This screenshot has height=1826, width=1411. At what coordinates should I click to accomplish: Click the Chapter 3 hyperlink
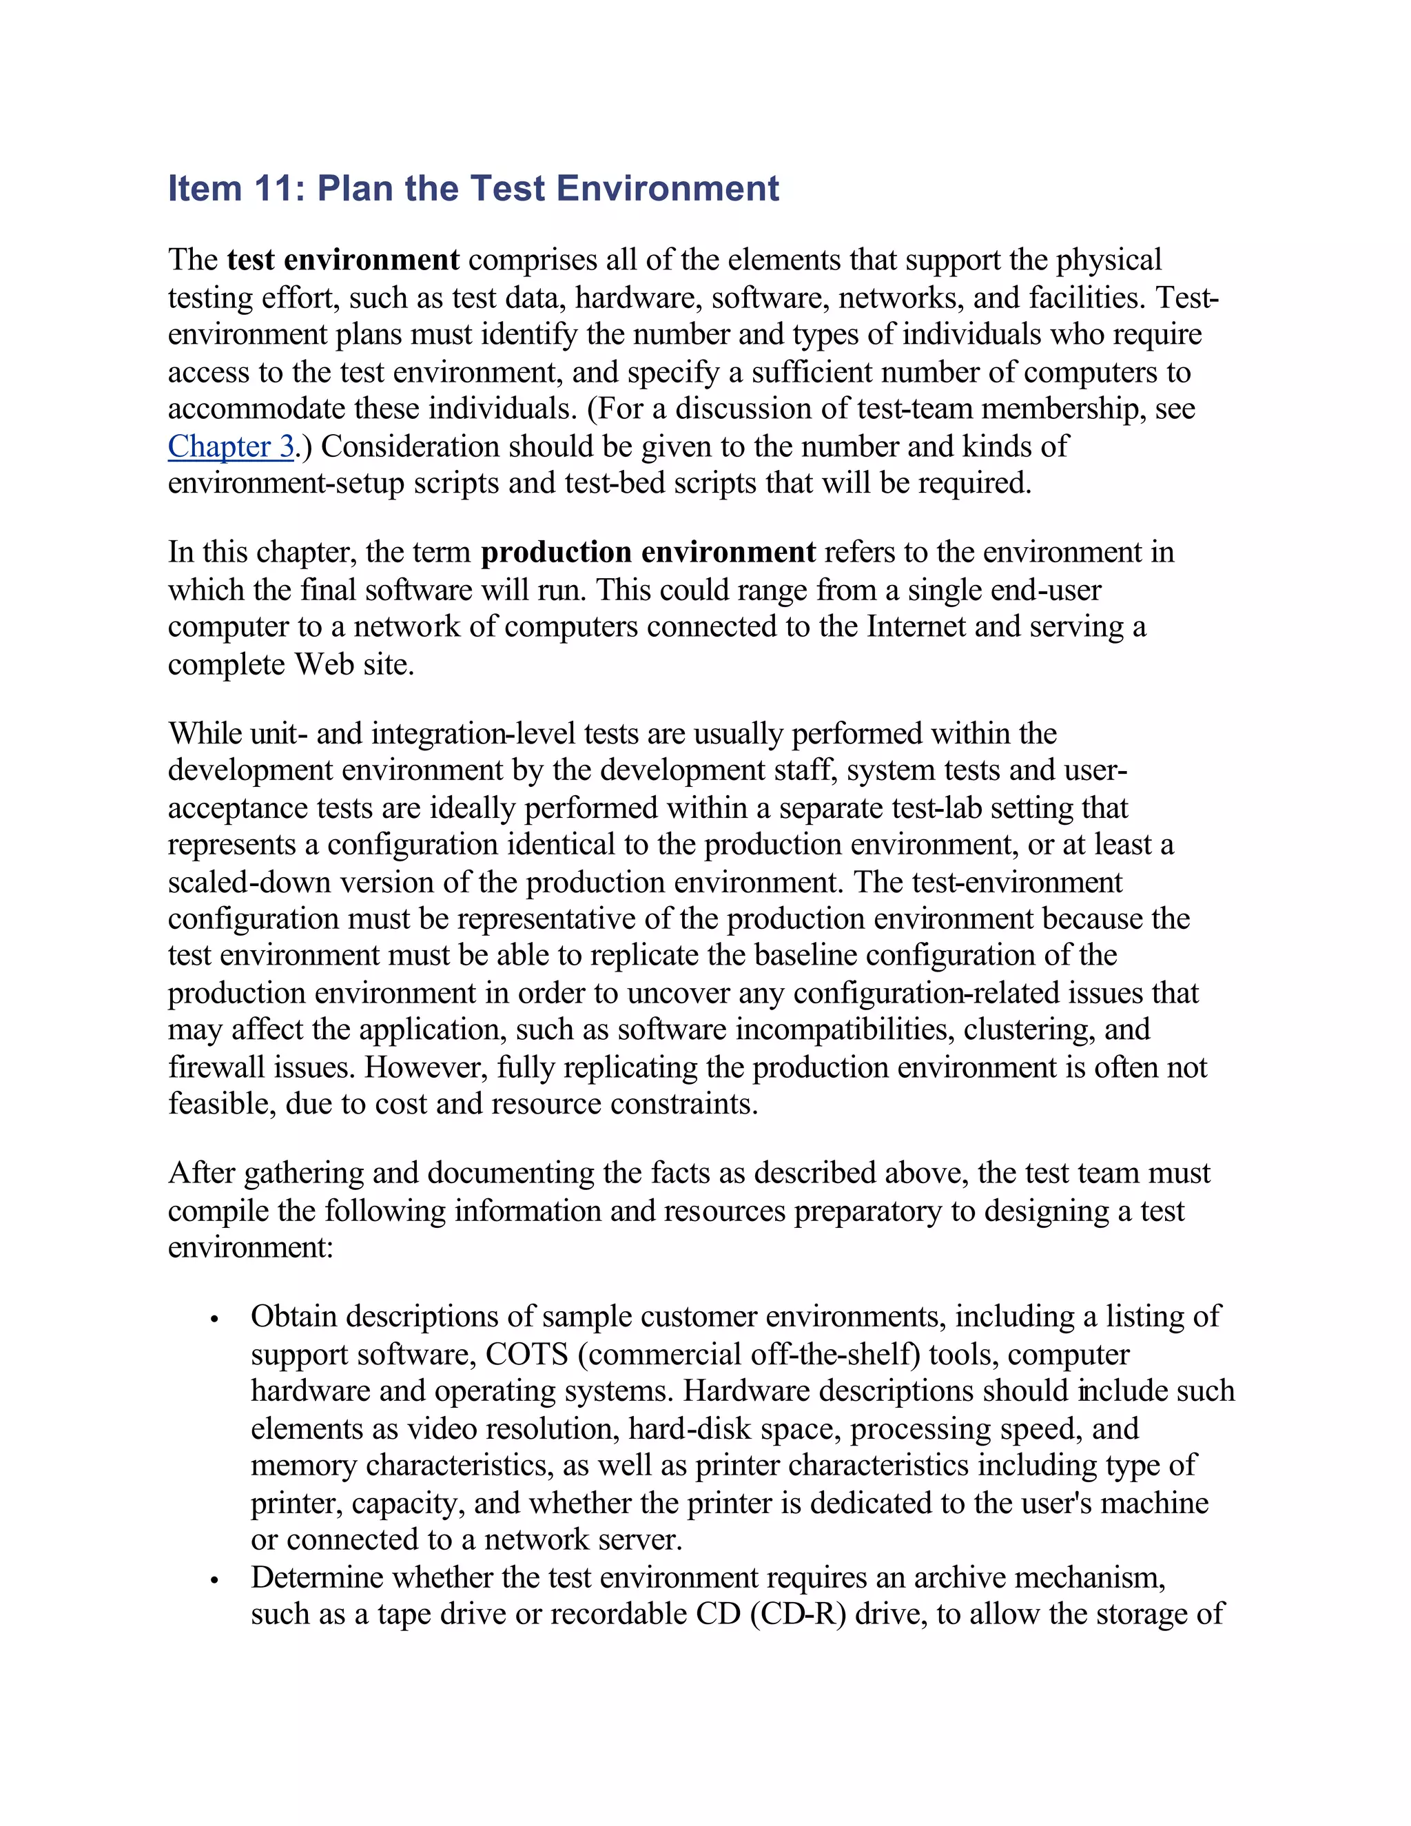[231, 447]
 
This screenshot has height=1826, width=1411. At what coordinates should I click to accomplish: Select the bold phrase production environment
[648, 553]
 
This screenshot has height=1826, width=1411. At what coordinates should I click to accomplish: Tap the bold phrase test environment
[342, 260]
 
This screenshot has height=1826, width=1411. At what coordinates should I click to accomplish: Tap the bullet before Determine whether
[215, 1579]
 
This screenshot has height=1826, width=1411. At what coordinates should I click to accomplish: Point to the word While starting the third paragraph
[205, 734]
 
